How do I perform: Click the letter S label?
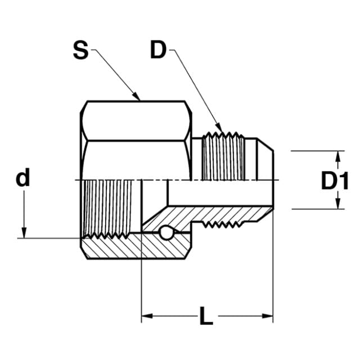80,50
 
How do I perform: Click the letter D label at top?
158,49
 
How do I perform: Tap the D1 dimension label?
335,181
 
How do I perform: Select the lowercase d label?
22,177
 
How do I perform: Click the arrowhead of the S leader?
136,96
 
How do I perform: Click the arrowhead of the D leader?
219,128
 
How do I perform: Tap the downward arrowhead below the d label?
24,232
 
